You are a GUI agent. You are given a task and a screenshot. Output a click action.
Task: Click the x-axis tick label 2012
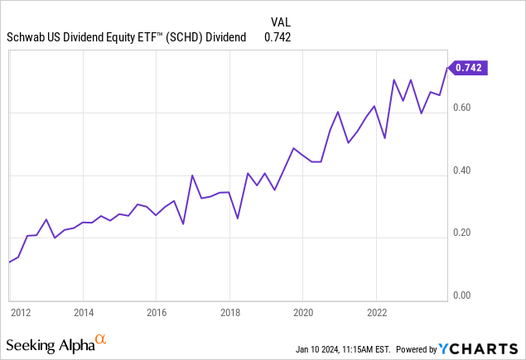[21, 313]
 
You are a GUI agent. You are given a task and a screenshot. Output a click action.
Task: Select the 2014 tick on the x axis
[83, 313]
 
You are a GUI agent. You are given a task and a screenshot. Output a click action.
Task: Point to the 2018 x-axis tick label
[229, 313]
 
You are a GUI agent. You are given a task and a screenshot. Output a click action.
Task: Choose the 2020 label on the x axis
[302, 313]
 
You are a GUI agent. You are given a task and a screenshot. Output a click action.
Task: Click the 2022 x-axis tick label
[376, 313]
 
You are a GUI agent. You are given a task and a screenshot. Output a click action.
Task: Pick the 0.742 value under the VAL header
[277, 36]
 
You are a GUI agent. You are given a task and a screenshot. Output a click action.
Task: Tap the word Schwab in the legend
[27, 36]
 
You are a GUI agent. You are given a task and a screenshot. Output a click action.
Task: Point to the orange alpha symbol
[101, 339]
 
